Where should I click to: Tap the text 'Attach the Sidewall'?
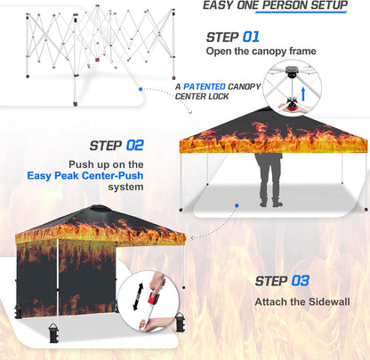point(302,301)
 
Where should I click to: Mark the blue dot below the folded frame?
point(139,89)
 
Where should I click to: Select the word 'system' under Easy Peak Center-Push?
point(127,187)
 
